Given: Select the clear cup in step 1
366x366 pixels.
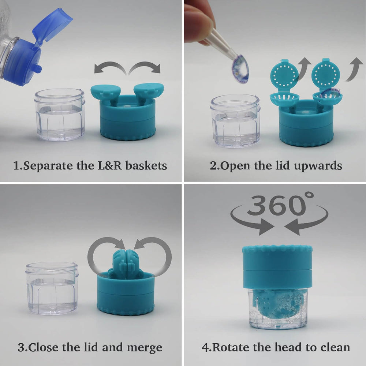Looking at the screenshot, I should [59, 114].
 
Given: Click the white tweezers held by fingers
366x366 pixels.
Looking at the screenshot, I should [223, 46].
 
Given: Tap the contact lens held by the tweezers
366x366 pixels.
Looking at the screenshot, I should [241, 68].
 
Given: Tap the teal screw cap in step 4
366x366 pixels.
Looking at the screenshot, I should [277, 266].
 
